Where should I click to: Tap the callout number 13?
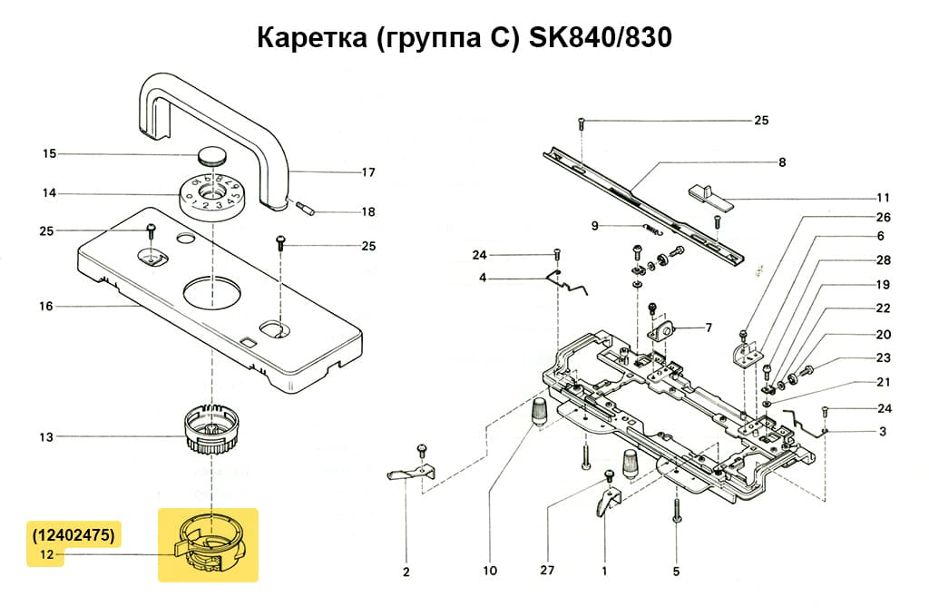click(46, 436)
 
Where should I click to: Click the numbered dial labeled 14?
click(210, 194)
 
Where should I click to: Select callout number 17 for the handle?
click(368, 171)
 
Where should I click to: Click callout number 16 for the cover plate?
click(46, 307)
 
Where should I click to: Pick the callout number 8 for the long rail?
click(781, 163)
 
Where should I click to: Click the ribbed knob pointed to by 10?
click(539, 411)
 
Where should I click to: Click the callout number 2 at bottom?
click(406, 572)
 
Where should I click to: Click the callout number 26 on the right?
click(883, 218)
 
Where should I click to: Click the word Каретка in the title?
click(309, 39)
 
